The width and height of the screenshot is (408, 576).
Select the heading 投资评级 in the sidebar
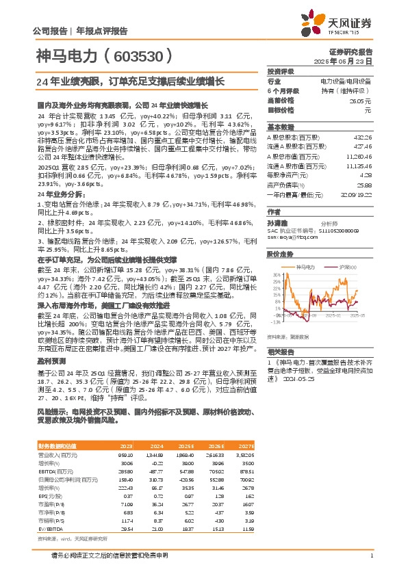pyautogui.click(x=281, y=71)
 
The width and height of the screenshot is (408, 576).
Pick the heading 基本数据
pyautogui.click(x=281, y=127)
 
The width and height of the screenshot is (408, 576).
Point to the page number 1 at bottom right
pyautogui.click(x=370, y=555)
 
